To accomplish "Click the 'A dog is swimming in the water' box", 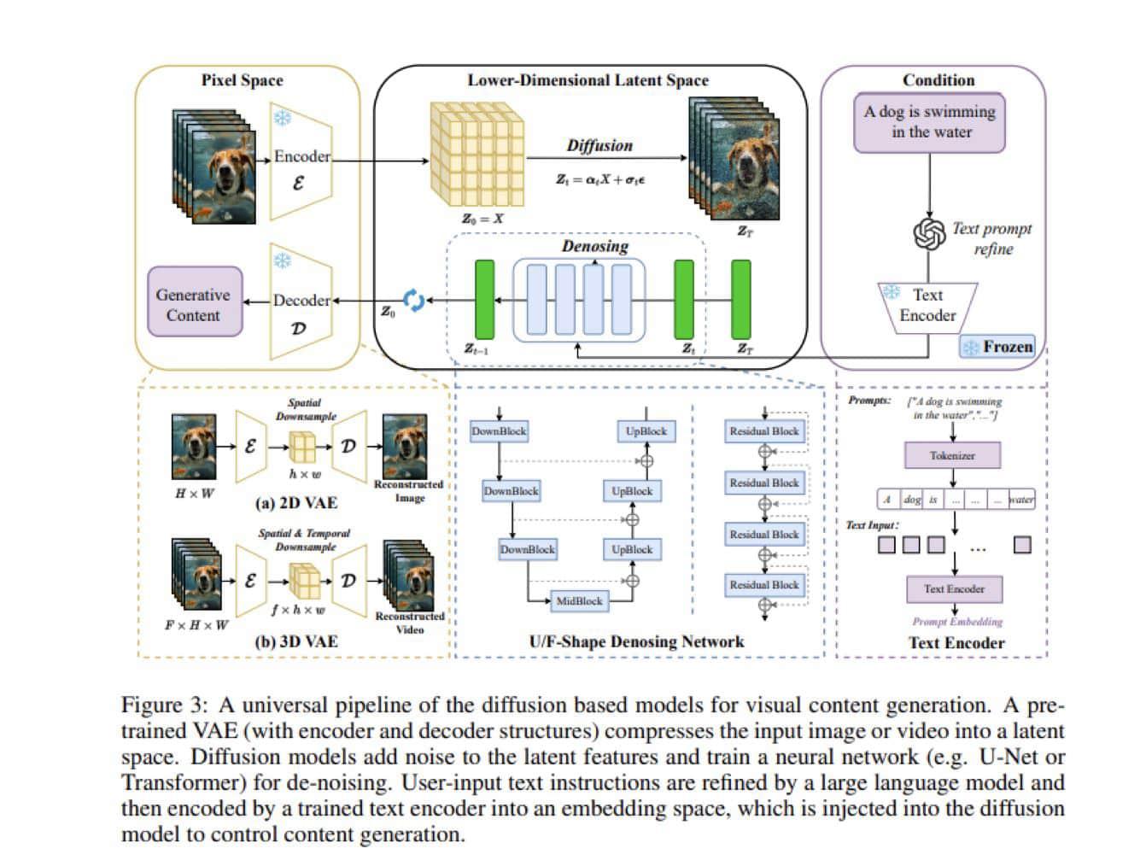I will point(930,123).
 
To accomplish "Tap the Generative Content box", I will point(194,303).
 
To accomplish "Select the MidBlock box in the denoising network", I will point(579,600).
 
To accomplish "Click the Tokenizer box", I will point(952,455).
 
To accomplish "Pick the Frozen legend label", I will point(998,347).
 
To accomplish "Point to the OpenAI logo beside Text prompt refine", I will point(929,233).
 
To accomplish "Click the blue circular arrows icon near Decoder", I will point(413,300).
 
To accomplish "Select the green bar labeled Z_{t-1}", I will point(484,299).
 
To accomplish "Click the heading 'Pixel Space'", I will point(242,80).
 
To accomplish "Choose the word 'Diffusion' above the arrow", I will point(599,145).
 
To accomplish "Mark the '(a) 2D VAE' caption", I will point(295,503).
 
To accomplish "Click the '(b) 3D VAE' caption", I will point(295,641).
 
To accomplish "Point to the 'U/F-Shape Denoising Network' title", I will point(636,641).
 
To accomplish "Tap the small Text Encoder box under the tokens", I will point(954,588).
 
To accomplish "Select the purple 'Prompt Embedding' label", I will point(957,622).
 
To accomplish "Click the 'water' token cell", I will point(1021,500).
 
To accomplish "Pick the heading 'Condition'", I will point(938,80).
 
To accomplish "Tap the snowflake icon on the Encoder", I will point(282,117).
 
